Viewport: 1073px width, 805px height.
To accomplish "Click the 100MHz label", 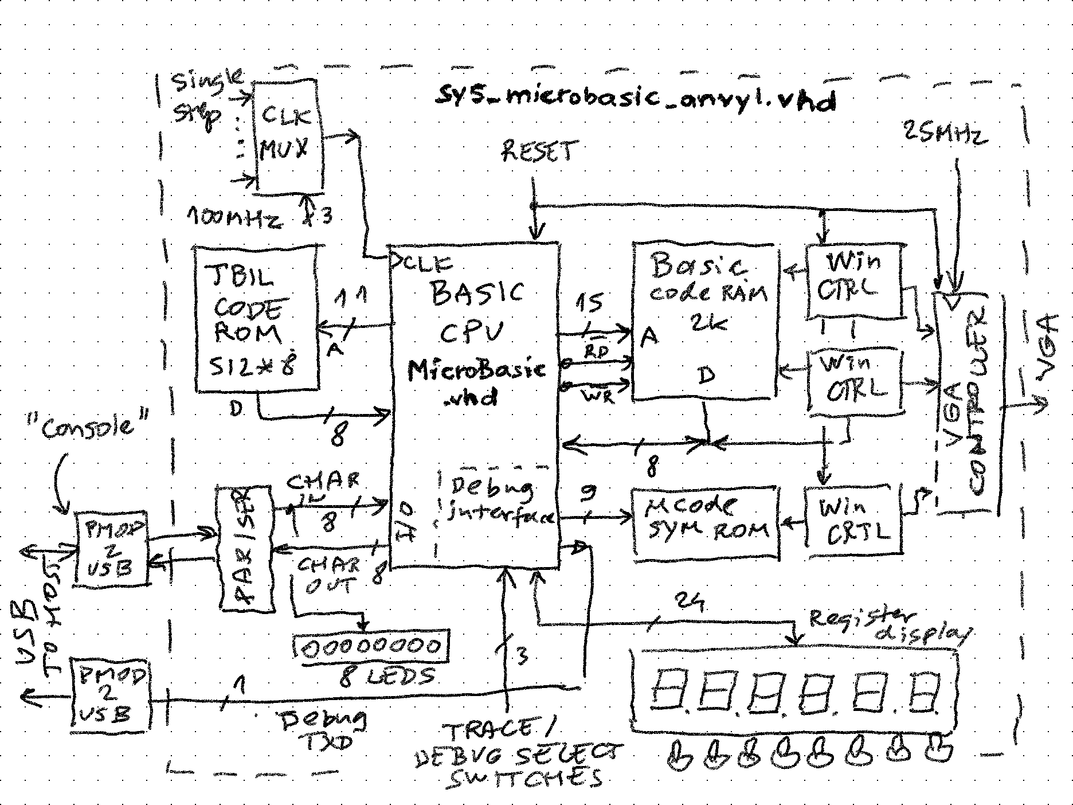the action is point(235,218).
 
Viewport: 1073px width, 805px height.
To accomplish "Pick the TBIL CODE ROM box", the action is point(256,319).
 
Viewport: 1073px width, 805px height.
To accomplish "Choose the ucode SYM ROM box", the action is point(706,522).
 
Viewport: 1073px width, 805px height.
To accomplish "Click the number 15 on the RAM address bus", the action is point(589,303).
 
